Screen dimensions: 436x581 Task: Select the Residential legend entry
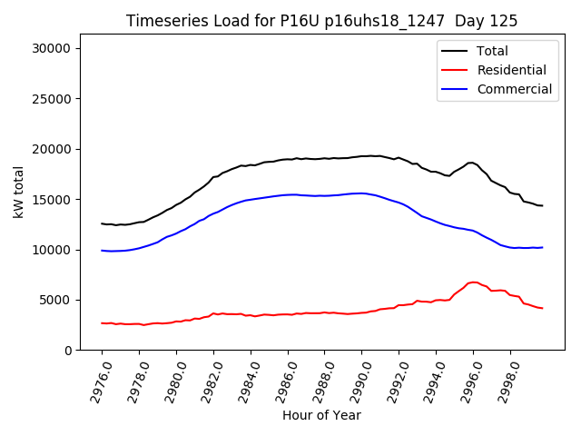pos(511,70)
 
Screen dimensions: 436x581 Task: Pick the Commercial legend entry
pos(514,89)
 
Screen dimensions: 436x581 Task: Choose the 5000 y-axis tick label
pos(58,300)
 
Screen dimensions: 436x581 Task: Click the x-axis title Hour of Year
pos(320,416)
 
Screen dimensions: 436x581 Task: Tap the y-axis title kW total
pos(18,193)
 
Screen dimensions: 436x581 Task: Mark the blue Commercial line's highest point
pos(361,193)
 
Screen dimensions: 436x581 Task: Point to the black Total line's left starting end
pos(102,223)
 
